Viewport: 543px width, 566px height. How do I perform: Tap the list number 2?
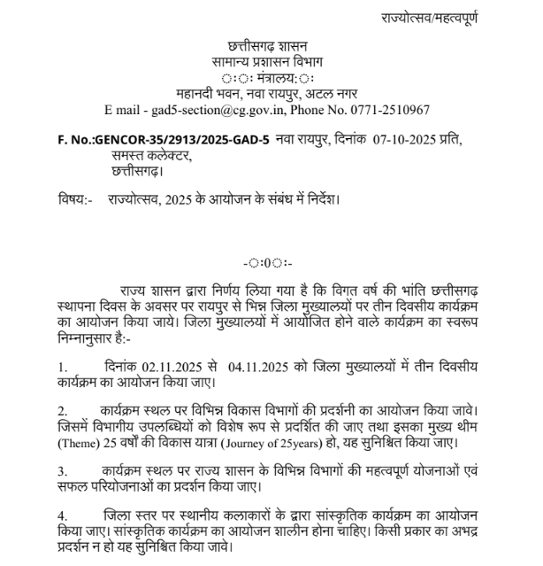62,412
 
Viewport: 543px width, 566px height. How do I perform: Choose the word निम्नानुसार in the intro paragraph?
89,335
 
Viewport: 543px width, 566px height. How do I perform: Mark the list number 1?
62,365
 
